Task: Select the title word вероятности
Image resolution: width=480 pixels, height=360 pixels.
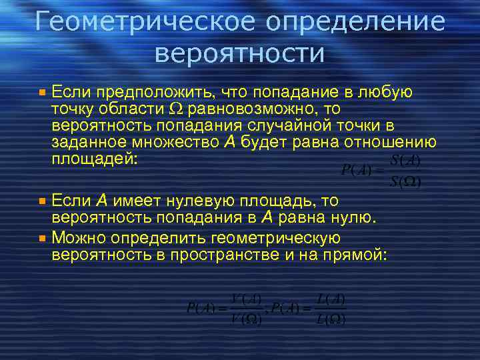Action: click(239, 53)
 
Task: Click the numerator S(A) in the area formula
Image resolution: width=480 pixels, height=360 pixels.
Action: click(404, 161)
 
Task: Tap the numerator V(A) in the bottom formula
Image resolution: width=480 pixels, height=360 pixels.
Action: click(245, 299)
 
